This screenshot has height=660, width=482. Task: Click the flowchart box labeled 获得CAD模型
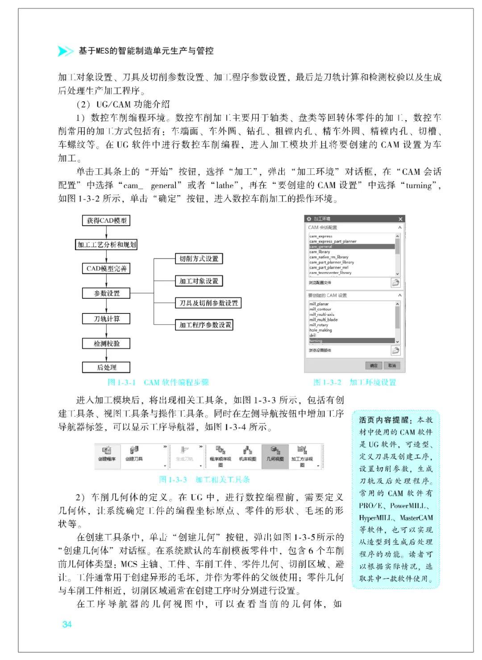click(x=106, y=221)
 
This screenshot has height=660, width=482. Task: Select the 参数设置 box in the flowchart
click(x=107, y=293)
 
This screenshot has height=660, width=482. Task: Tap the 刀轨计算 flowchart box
click(x=107, y=319)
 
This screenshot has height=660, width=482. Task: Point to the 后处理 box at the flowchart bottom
click(x=107, y=368)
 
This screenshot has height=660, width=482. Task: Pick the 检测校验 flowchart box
click(x=107, y=343)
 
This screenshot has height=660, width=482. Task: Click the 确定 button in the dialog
click(x=374, y=365)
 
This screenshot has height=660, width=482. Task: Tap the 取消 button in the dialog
click(x=391, y=365)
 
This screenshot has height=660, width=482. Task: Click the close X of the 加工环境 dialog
click(x=400, y=219)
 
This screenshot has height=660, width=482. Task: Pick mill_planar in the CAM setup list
click(x=319, y=304)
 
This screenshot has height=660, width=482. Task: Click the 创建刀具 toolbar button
click(x=134, y=453)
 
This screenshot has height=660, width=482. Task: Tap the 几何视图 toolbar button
click(x=275, y=453)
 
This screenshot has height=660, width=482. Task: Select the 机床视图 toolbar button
click(x=248, y=453)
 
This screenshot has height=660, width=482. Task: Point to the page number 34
click(x=67, y=624)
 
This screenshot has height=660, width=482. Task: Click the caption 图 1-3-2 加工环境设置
click(x=355, y=382)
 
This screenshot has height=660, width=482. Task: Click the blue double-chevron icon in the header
click(x=66, y=51)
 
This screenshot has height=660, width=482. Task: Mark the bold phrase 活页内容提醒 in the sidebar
click(x=384, y=420)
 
